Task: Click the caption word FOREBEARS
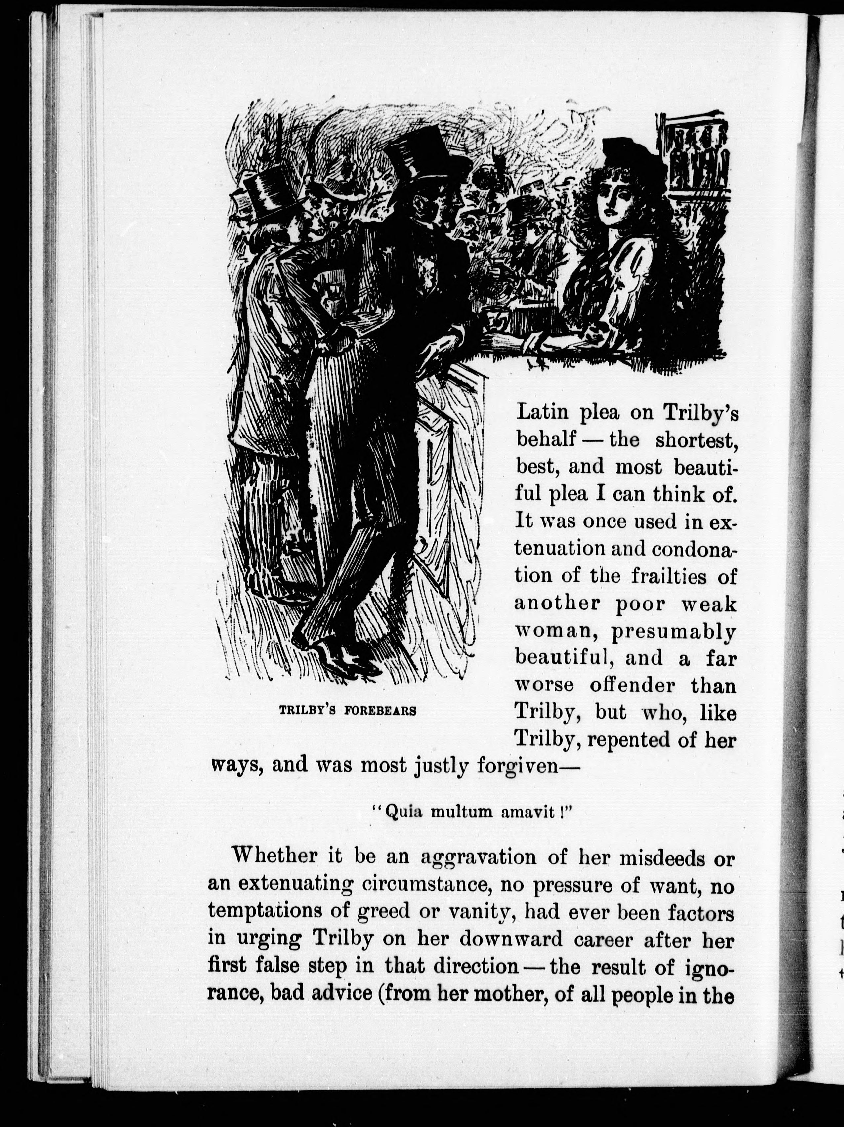(380, 710)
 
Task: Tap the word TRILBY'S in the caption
(307, 710)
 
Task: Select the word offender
(632, 686)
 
